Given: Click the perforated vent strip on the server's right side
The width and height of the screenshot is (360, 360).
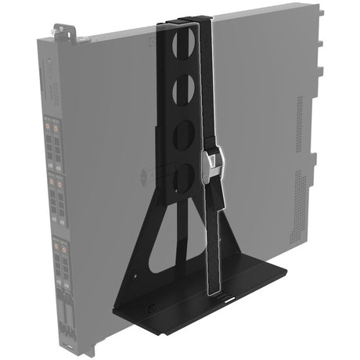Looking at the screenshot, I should (301, 196).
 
